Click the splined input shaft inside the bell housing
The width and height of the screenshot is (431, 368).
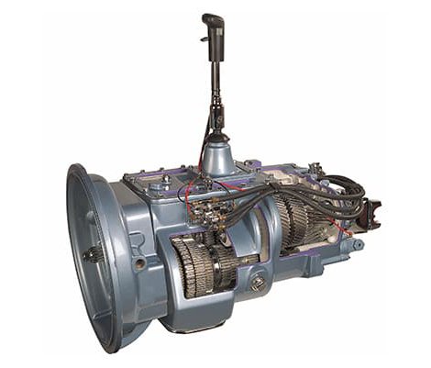coord(94,256)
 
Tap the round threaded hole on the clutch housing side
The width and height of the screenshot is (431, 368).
coord(139,263)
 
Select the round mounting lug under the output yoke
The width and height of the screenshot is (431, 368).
coord(358,245)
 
